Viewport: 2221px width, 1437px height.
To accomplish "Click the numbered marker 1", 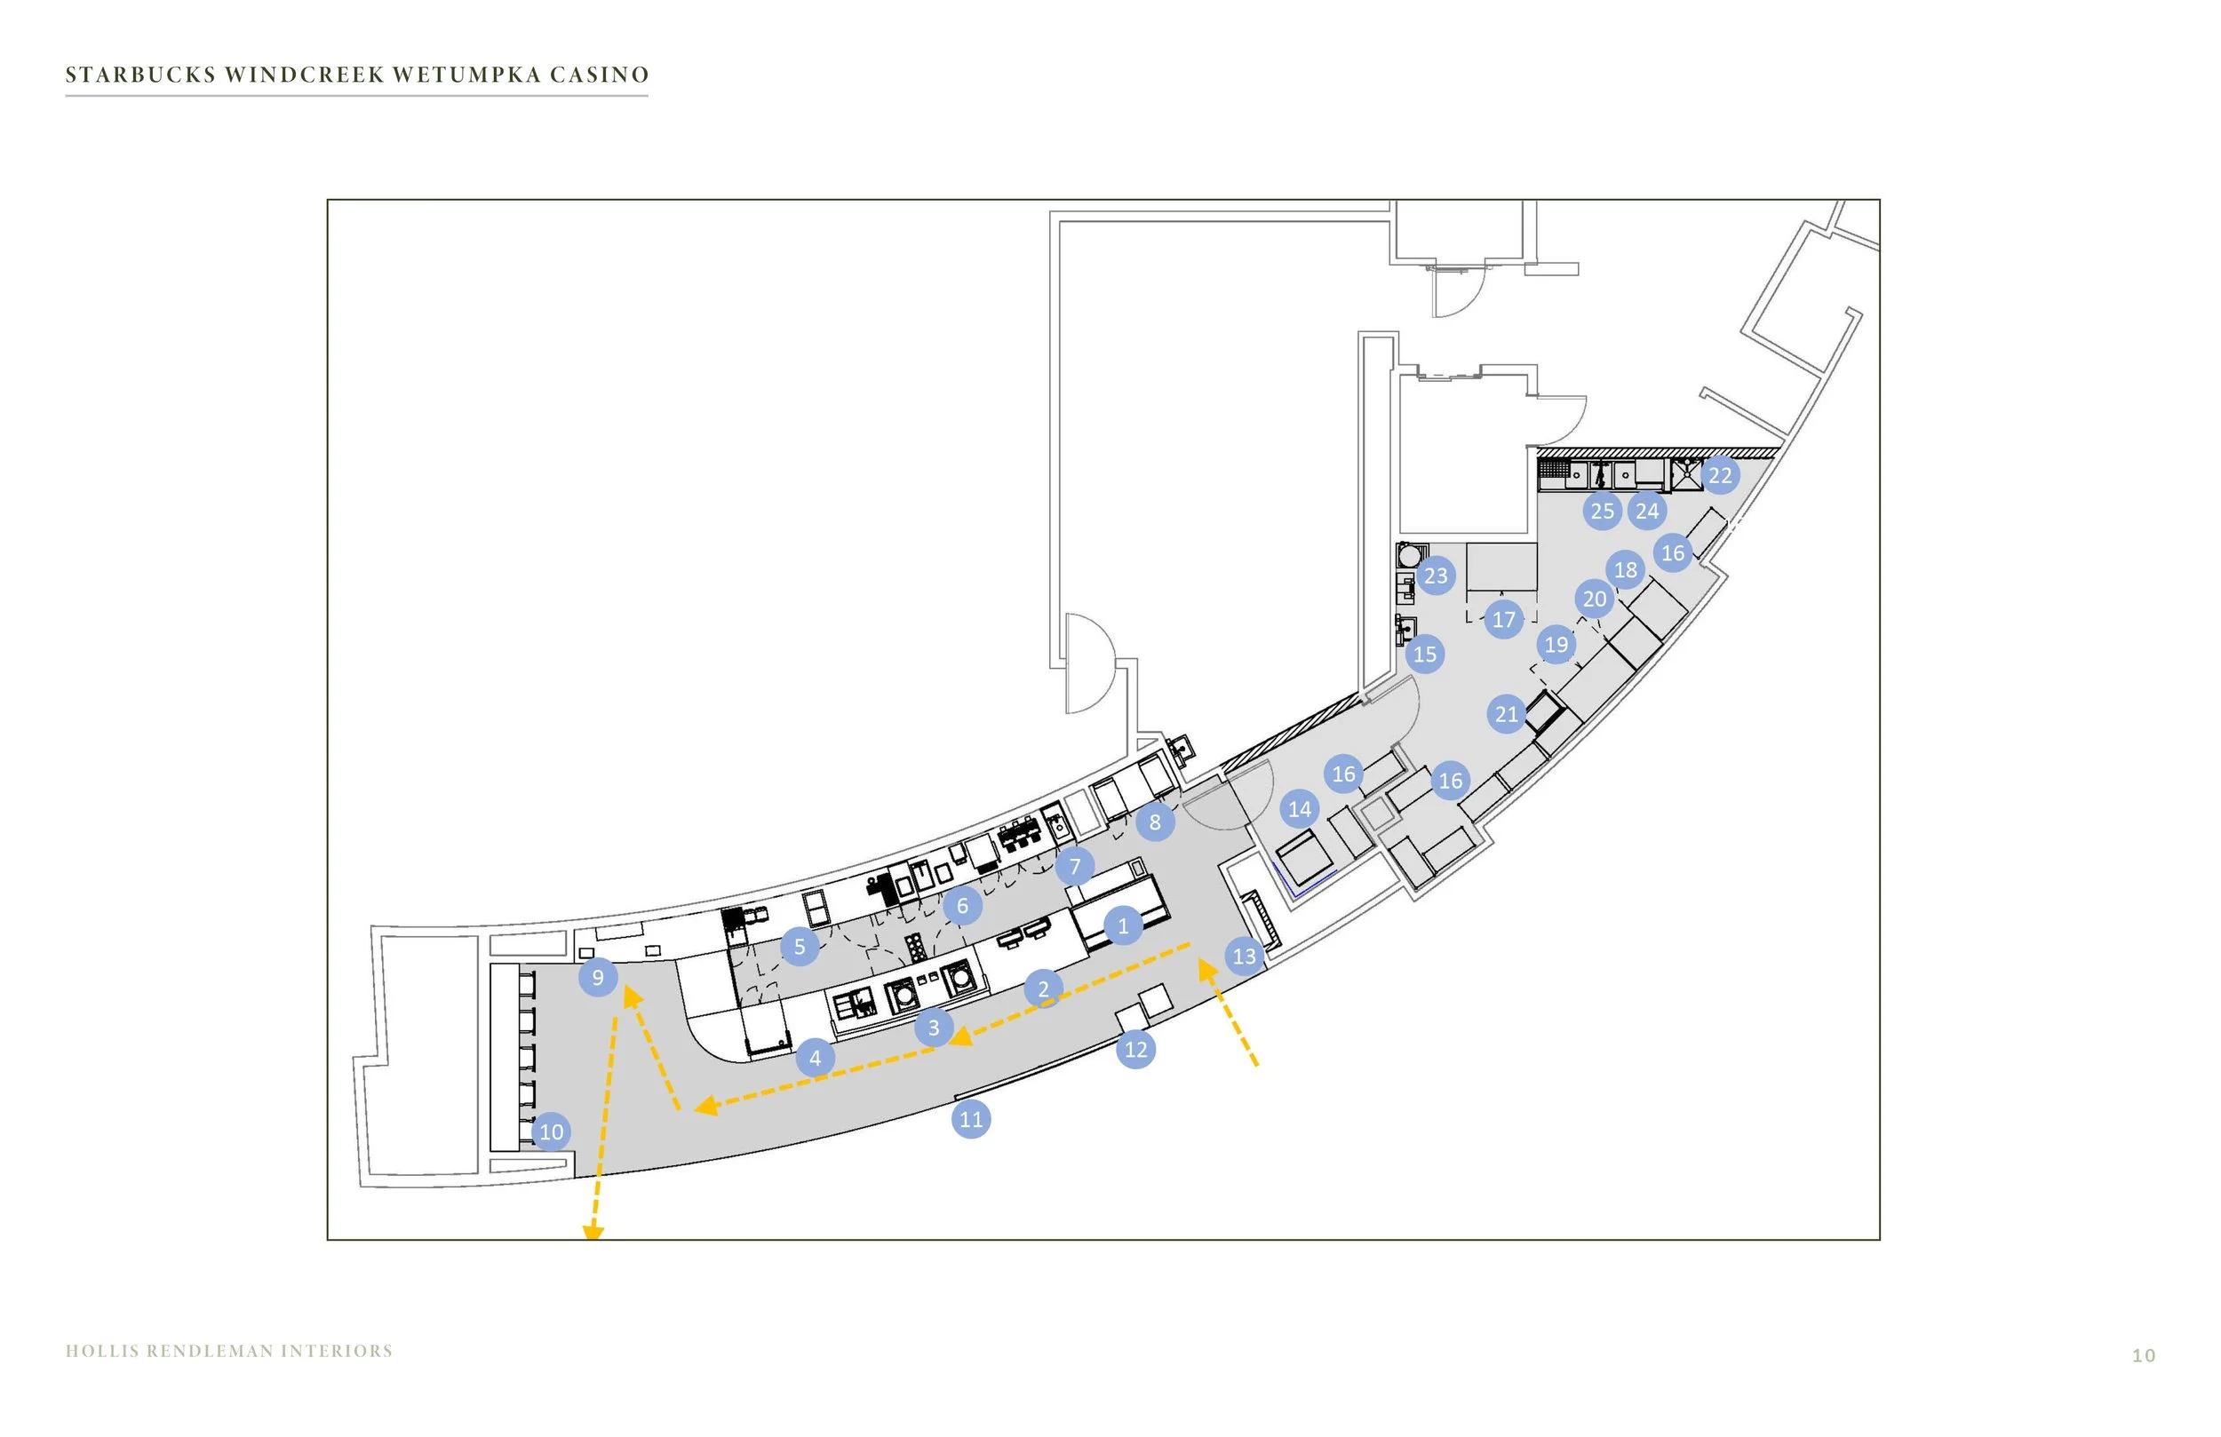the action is pyautogui.click(x=1123, y=925).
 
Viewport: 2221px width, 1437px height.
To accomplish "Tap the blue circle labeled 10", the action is pyautogui.click(x=551, y=1131).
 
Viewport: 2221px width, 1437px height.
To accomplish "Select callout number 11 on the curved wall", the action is pyautogui.click(x=970, y=1119).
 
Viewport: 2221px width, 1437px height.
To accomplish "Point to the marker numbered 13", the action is pyautogui.click(x=1244, y=956).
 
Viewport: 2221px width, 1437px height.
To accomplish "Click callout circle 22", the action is pyautogui.click(x=1720, y=475).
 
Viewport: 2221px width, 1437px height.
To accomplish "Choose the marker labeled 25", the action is pyautogui.click(x=1603, y=511).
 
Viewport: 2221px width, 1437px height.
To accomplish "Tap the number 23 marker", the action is pyautogui.click(x=1436, y=576).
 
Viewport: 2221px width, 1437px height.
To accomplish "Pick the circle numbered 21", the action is pyautogui.click(x=1506, y=714).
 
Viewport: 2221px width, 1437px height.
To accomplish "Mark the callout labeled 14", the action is pyautogui.click(x=1299, y=809).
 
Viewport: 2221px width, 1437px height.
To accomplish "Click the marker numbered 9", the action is pyautogui.click(x=597, y=977).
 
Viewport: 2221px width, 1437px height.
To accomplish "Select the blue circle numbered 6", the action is pyautogui.click(x=962, y=905).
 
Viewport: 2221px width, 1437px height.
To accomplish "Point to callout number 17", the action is pyautogui.click(x=1503, y=619).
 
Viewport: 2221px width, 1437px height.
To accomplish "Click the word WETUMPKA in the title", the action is pyautogui.click(x=466, y=75).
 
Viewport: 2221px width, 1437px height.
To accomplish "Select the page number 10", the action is pyautogui.click(x=2144, y=1356).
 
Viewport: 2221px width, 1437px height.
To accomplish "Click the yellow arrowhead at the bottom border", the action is pyautogui.click(x=593, y=1233).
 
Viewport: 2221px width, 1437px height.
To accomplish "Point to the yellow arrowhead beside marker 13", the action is pyautogui.click(x=1207, y=970).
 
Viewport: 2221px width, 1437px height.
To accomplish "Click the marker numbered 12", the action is pyautogui.click(x=1134, y=1049).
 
